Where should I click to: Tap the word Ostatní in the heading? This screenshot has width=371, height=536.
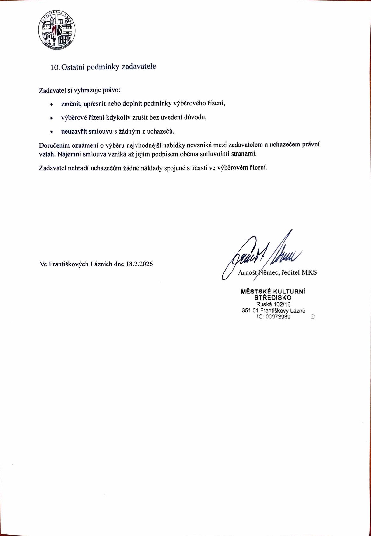click(73, 67)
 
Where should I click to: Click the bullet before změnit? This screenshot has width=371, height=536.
click(51, 104)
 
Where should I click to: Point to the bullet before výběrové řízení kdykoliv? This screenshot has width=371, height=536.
click(51, 118)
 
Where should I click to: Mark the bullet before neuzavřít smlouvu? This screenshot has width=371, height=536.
click(51, 132)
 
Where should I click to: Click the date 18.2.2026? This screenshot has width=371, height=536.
click(139, 264)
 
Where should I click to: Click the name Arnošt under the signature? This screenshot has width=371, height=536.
click(247, 272)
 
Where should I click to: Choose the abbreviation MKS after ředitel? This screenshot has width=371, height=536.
click(309, 272)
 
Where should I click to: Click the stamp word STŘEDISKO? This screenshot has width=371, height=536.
click(273, 298)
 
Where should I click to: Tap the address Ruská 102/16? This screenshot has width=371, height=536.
click(273, 304)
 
